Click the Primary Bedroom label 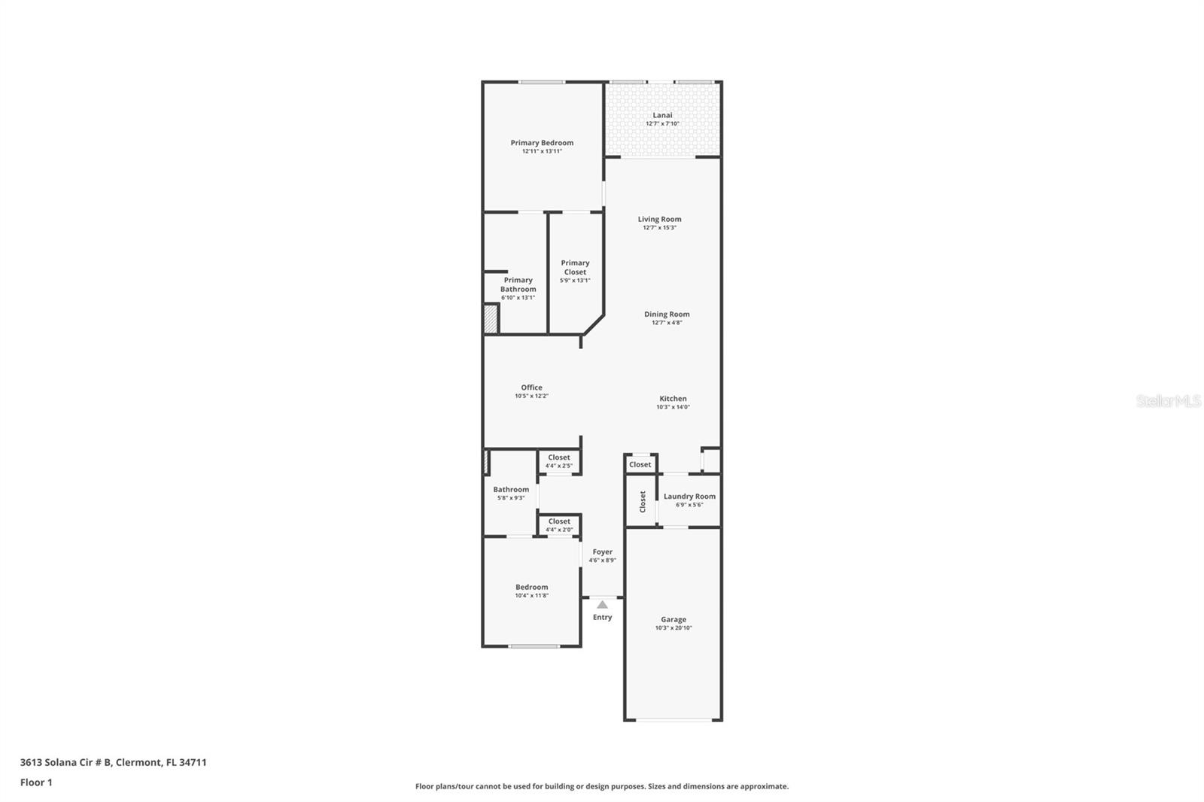542,143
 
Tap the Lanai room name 662,115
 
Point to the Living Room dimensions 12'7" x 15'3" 659,228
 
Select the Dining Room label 667,314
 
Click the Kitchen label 673,399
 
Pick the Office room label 531,387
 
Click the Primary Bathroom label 518,284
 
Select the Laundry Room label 689,497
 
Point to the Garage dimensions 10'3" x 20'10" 673,628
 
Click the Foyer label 602,551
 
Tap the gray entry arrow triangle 602,605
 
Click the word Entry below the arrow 602,618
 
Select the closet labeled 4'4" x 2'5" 559,461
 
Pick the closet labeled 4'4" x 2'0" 559,525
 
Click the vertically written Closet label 643,501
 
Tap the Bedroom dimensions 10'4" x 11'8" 531,596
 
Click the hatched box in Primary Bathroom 491,318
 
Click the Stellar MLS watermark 1168,401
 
